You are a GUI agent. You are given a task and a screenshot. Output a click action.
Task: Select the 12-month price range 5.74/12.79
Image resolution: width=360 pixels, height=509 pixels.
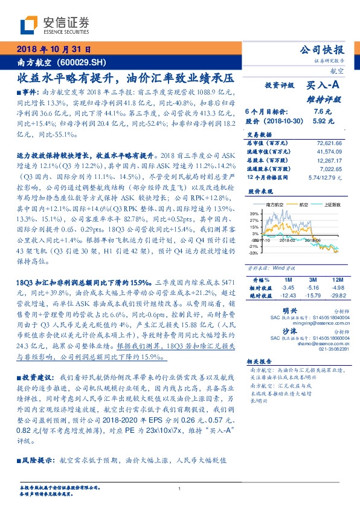point(326,178)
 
